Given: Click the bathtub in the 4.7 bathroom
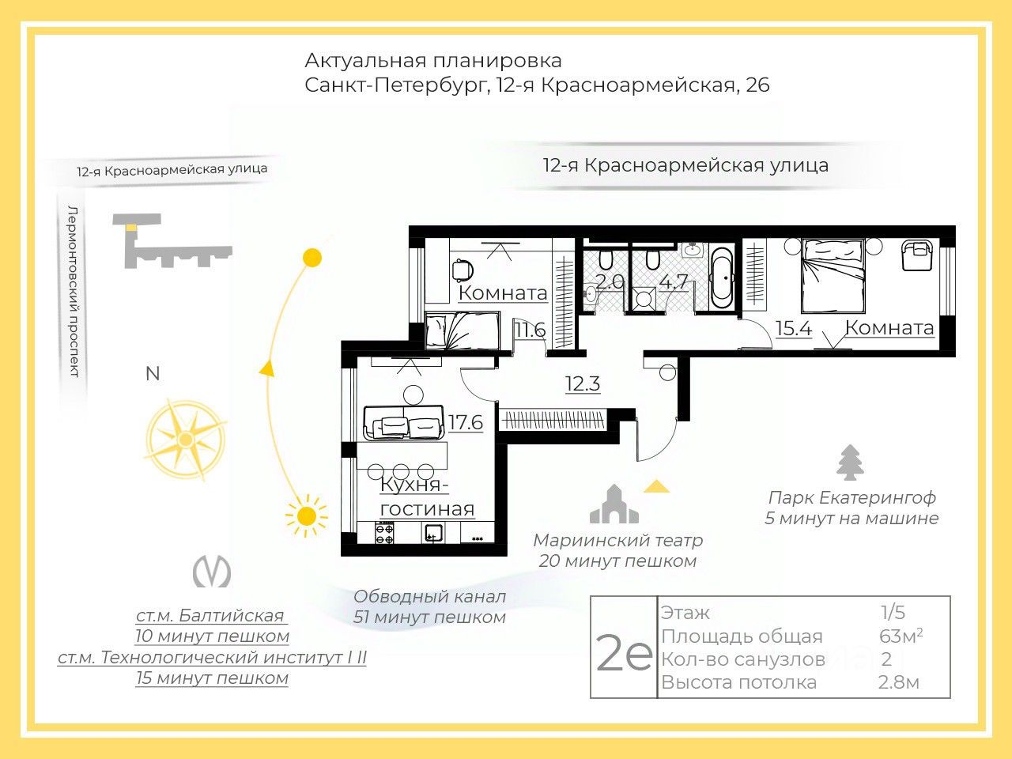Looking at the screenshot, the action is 721,279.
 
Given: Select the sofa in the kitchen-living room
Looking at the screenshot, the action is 402,424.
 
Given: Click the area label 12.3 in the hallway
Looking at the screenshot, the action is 583,384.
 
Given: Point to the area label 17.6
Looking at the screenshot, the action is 466,423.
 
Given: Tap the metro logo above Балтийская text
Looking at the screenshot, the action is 212,572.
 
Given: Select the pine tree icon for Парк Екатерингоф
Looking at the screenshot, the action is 851,463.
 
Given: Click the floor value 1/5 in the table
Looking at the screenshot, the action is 893,613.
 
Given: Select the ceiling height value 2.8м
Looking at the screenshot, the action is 899,682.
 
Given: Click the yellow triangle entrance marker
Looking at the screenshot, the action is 656,486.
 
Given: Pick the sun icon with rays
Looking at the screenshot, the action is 306,517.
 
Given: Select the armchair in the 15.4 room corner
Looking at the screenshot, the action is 917,255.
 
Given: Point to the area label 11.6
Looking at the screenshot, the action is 530,330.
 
